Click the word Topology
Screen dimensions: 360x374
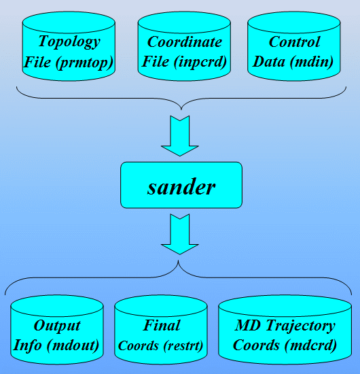point(69,41)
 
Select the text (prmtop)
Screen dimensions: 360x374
point(84,63)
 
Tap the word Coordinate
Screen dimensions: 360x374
point(184,41)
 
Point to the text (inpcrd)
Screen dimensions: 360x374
point(200,62)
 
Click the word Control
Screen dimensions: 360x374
point(294,41)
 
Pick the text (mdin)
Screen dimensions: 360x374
point(311,62)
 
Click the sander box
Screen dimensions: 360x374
point(181,185)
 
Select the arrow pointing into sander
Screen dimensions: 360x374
point(180,136)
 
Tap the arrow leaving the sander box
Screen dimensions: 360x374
point(180,234)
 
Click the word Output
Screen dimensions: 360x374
point(57,326)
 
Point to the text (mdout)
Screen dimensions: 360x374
point(73,345)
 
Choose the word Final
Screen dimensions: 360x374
point(162,325)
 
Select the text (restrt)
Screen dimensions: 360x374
point(183,345)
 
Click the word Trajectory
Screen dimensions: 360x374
point(301,326)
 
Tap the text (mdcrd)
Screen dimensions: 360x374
point(310,345)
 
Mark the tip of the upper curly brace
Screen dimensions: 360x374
point(181,109)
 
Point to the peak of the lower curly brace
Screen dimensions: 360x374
point(178,260)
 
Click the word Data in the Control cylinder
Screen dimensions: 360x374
point(269,62)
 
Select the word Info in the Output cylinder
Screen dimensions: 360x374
point(27,345)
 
